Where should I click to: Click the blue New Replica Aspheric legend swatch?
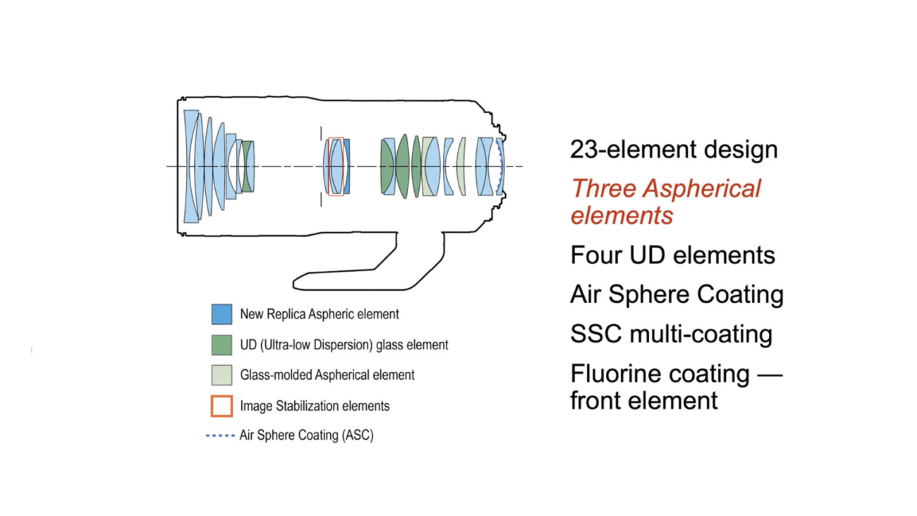pos(221,314)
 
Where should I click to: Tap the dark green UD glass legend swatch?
pos(221,344)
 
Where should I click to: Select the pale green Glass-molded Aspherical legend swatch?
pos(221,375)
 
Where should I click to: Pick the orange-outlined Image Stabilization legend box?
pos(221,406)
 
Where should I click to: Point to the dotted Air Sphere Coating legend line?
pos(220,436)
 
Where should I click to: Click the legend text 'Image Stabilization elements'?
pos(315,406)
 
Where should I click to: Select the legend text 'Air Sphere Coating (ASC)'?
pos(306,435)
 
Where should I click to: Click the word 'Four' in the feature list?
pos(595,255)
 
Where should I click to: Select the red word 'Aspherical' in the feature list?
pos(702,189)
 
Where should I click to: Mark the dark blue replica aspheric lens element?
pos(347,167)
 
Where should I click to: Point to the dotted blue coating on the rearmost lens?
pos(500,166)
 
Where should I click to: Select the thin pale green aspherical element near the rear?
pos(462,167)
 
